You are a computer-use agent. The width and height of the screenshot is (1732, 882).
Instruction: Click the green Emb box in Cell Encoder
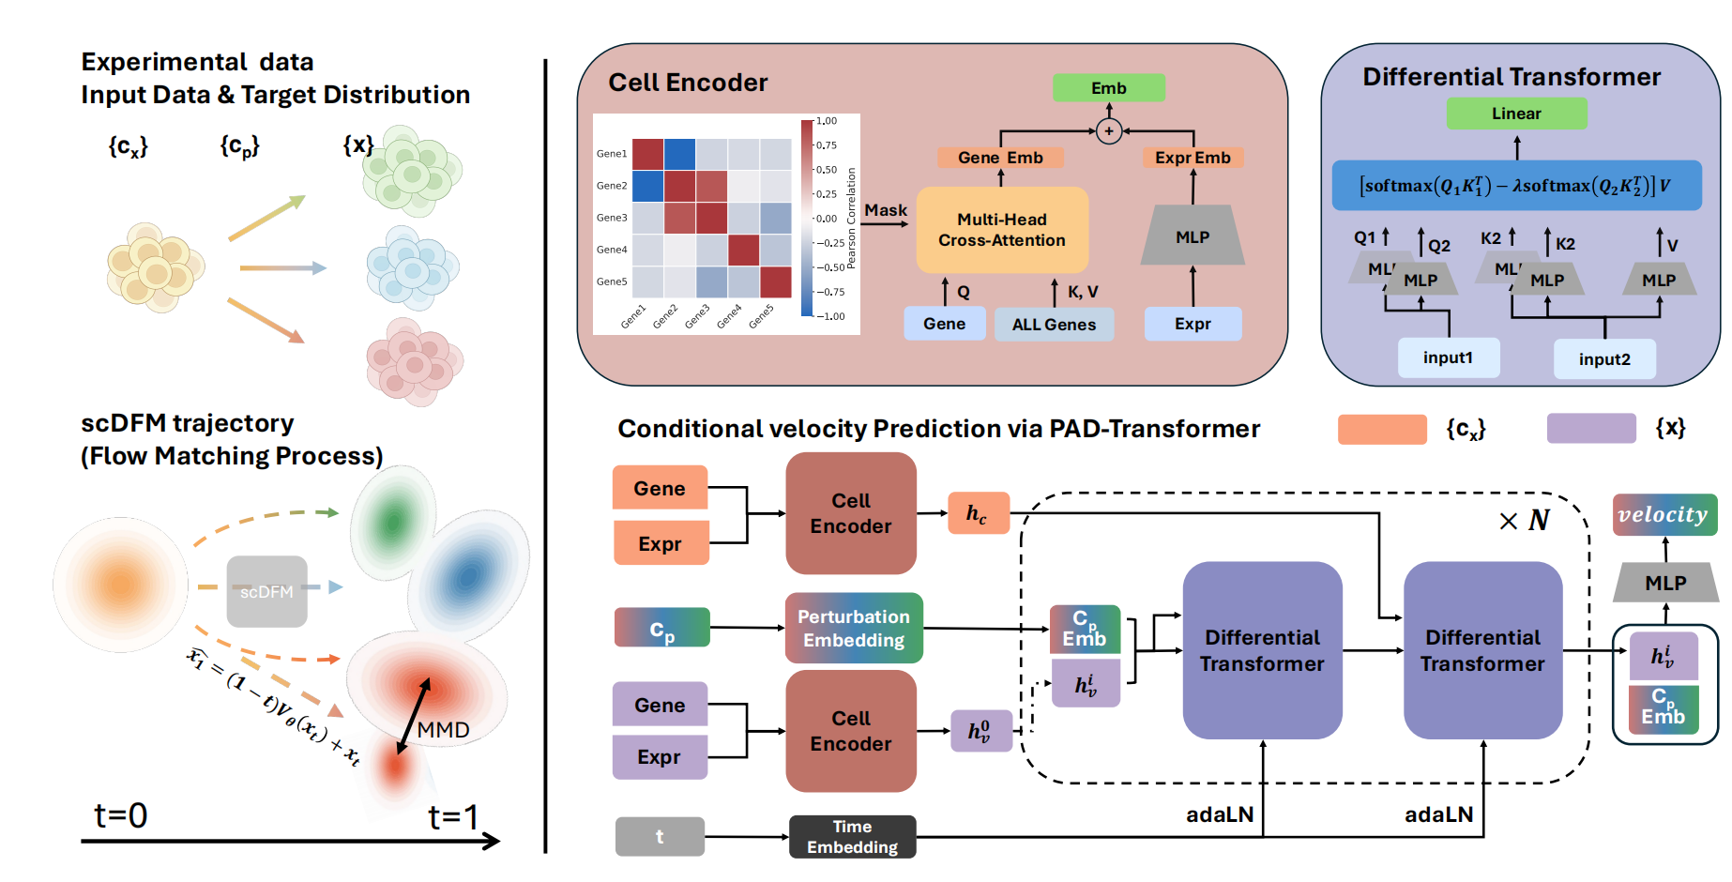point(1108,88)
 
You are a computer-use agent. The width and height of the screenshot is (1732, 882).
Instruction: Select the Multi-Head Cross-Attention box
point(1002,230)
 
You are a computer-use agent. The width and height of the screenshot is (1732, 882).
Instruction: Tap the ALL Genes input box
point(1054,325)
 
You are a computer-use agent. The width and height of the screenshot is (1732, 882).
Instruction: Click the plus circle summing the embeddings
point(1109,131)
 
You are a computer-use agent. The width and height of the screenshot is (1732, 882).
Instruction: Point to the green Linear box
point(1516,114)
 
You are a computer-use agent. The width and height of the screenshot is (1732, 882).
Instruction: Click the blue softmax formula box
point(1516,186)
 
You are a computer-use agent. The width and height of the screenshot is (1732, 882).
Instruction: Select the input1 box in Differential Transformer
point(1448,357)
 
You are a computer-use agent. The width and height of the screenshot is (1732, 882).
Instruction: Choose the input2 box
point(1604,359)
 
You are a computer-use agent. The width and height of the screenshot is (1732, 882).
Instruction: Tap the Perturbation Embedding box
point(854,628)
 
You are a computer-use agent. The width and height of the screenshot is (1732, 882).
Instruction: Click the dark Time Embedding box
point(852,836)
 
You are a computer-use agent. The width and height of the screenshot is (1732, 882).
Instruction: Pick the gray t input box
point(660,836)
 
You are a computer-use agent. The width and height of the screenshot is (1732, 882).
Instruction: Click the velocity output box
point(1664,514)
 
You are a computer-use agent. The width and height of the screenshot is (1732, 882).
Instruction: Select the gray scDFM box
point(266,592)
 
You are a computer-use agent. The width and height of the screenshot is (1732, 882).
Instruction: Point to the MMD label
point(443,730)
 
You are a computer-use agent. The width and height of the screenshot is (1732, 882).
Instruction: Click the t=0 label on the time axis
point(121,815)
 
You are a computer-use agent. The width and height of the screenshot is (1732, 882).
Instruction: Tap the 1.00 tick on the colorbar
point(827,121)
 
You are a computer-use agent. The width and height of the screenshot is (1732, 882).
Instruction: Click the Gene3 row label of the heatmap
point(612,218)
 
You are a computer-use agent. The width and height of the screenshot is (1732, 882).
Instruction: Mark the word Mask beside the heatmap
point(886,210)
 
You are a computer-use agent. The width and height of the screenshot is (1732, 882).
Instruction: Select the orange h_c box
point(978,513)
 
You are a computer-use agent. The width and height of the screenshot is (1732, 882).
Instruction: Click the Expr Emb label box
point(1193,158)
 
